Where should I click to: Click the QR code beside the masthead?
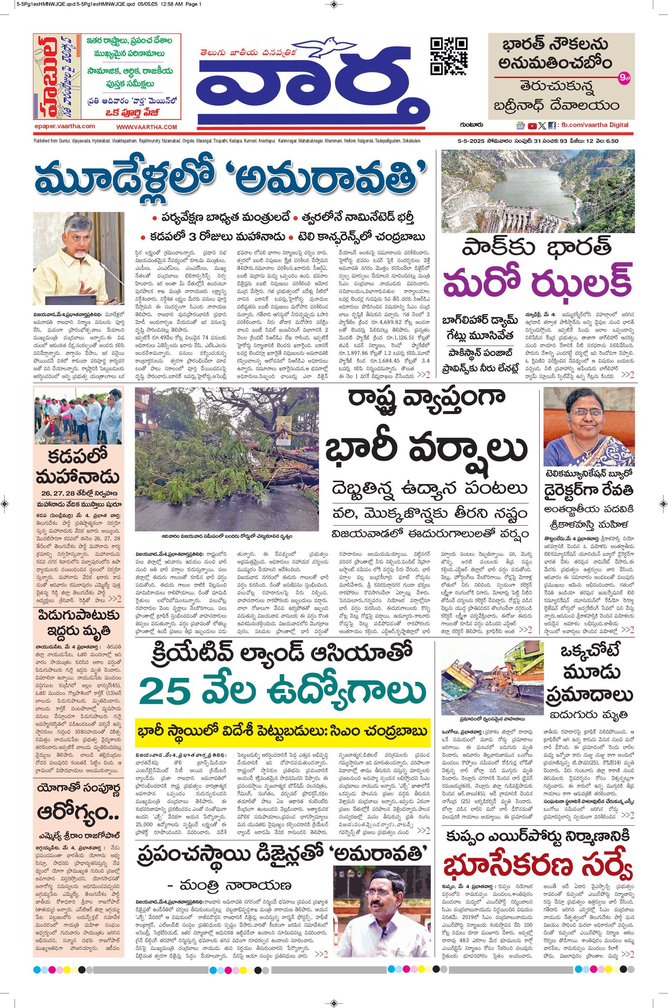point(450,56)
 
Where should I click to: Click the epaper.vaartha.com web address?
point(65,126)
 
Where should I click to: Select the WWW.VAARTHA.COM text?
point(147,127)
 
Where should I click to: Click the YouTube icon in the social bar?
point(532,126)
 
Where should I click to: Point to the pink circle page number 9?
point(622,78)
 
